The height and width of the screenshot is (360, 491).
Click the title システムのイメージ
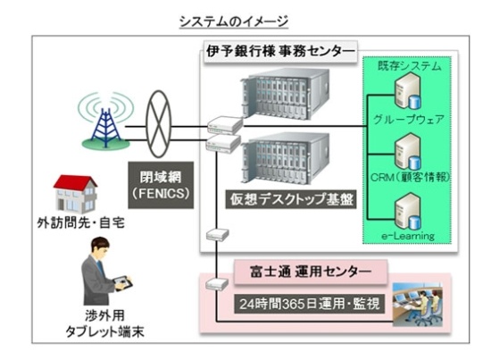(x=234, y=21)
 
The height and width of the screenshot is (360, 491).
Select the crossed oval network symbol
(x=160, y=124)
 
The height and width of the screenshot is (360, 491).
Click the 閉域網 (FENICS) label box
(x=161, y=185)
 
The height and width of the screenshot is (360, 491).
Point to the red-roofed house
(x=75, y=194)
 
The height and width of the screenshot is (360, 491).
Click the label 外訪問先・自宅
(x=80, y=222)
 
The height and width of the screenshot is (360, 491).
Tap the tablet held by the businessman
(x=123, y=283)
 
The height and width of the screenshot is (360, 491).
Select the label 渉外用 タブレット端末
(x=104, y=323)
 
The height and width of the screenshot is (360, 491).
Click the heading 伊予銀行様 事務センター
(x=280, y=52)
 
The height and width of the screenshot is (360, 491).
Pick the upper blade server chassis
(x=285, y=94)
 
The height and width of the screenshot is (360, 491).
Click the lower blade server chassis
(x=285, y=158)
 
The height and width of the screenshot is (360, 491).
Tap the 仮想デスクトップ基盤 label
(x=292, y=199)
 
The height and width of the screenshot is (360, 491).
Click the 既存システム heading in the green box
(x=410, y=66)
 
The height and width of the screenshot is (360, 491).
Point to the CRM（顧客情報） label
(x=410, y=178)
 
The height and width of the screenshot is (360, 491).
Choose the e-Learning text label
(x=408, y=236)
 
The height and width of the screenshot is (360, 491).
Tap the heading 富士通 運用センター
(x=311, y=272)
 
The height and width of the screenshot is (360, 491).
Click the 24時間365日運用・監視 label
(x=310, y=304)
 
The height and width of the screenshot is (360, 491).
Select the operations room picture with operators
(x=418, y=305)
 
